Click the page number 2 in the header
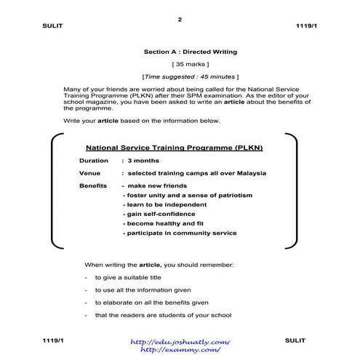coord(180,19)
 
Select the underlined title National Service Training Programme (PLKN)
coord(174,147)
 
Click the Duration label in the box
coord(94,160)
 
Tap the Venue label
coord(90,173)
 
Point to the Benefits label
coord(93,186)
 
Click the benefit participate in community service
coord(180,233)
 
